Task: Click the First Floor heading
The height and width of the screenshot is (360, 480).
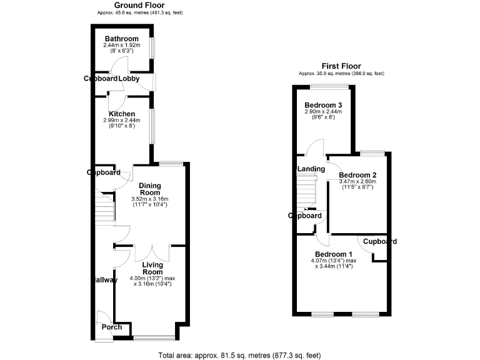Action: pos(341,66)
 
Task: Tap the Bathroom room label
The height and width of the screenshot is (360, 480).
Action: pos(121,39)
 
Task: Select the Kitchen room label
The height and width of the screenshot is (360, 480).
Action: pos(122,114)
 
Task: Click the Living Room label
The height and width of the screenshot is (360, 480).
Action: pos(152,268)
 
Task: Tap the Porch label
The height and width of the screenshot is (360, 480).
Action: pos(112,327)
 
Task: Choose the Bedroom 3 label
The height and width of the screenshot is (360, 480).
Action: pos(323,104)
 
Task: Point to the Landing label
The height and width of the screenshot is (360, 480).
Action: pos(311,169)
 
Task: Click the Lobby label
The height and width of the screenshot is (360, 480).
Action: pos(129,79)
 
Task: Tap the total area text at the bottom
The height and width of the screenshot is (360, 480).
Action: pos(240,354)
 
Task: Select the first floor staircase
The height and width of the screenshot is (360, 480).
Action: pos(306,188)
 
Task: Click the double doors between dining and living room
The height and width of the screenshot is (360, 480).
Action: pos(152,251)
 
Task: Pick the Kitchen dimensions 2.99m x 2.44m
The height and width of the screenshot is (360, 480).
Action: pos(122,121)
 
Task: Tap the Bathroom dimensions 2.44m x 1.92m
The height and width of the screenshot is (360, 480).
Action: pos(121,46)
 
